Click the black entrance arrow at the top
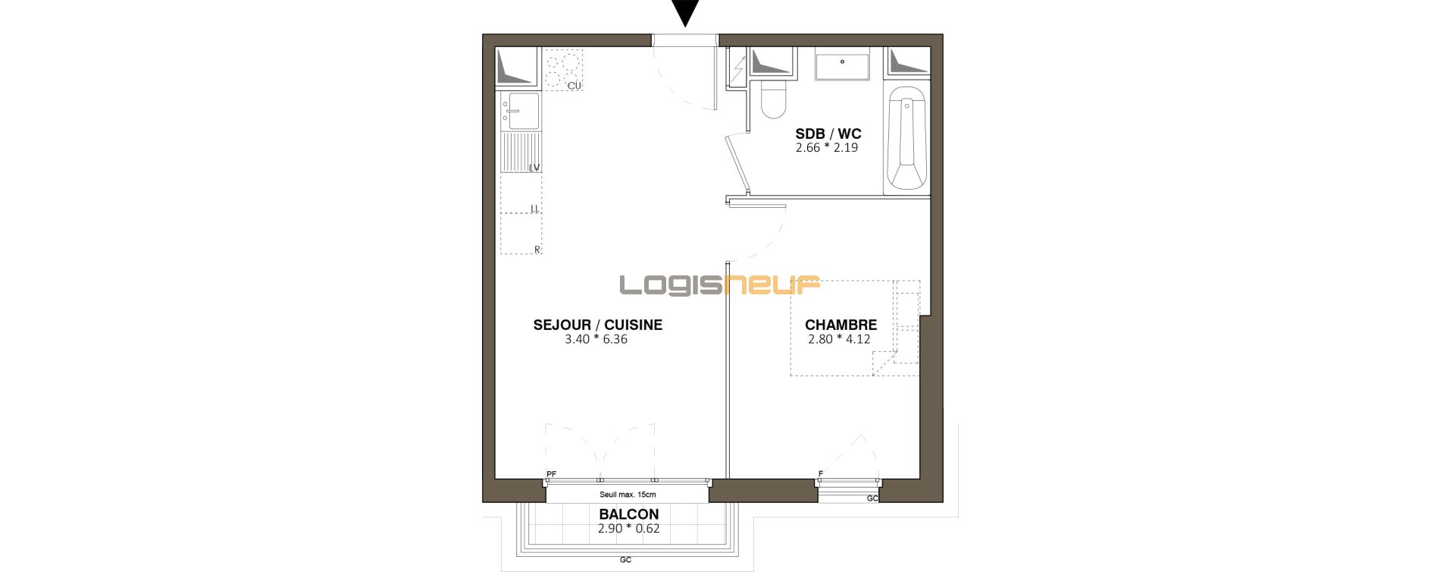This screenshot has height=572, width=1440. [x=685, y=12]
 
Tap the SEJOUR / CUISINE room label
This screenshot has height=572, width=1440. [x=598, y=325]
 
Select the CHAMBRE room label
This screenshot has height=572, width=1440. [x=841, y=325]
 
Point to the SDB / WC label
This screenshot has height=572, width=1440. [x=828, y=134]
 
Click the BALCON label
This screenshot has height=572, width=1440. [x=629, y=514]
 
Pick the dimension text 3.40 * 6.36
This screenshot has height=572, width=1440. [x=596, y=339]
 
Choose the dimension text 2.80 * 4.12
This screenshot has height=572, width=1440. [x=839, y=339]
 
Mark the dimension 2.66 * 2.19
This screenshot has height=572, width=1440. [x=827, y=148]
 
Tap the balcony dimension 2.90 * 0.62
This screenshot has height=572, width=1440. [x=629, y=529]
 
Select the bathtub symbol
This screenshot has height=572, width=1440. [x=906, y=138]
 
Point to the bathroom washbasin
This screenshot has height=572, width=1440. [x=843, y=67]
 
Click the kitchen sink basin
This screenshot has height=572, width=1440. [x=524, y=112]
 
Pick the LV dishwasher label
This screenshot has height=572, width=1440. [x=534, y=168]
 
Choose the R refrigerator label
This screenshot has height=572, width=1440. [x=537, y=249]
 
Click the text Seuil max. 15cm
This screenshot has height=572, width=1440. [x=628, y=495]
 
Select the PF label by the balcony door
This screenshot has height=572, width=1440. [x=551, y=474]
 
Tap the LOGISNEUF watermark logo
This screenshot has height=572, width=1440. [x=720, y=285]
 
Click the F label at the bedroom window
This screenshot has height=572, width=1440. [x=821, y=474]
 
